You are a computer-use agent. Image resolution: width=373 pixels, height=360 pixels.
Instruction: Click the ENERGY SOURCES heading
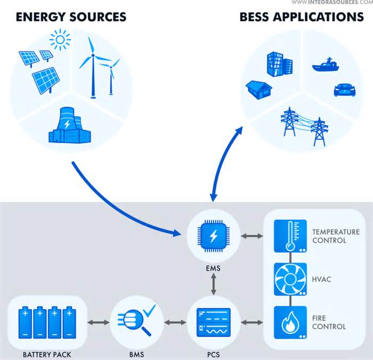(x=71, y=17)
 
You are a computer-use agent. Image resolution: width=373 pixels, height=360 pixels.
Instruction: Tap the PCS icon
(x=213, y=322)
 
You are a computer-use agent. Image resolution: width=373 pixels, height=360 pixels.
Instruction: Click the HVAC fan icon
(x=289, y=279)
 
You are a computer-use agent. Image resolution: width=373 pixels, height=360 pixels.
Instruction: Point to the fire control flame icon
(x=289, y=322)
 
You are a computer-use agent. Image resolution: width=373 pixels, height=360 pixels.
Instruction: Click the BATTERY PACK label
(x=47, y=354)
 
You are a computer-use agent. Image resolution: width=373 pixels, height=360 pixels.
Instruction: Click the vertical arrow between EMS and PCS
(x=213, y=285)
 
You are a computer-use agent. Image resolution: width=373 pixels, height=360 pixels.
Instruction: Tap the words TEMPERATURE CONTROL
(x=336, y=236)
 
